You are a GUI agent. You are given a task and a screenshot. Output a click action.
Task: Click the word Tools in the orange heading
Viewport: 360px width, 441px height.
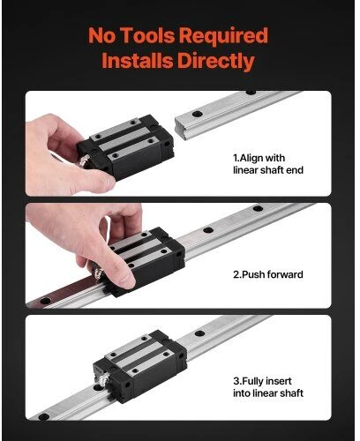coord(148,35)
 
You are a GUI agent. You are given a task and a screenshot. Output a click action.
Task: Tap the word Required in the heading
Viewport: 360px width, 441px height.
coord(223,36)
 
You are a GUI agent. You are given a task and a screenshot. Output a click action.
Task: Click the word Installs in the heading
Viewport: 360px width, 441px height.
coord(138,61)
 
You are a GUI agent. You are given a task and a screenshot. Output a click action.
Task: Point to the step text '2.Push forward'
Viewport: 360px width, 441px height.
coord(268,274)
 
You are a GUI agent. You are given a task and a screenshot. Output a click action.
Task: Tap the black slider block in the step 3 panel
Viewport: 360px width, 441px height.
coord(140,365)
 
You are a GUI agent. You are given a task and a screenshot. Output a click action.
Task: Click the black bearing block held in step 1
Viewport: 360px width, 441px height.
coord(126,146)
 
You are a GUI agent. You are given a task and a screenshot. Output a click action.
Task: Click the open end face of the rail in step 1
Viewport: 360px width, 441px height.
coord(183,129)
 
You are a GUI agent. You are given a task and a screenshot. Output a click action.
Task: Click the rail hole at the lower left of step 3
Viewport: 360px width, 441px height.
coord(44,416)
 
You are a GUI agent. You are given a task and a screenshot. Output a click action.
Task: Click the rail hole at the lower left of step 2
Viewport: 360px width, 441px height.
coord(45,301)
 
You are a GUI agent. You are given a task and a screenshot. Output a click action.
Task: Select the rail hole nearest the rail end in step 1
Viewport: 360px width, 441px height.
coord(198,114)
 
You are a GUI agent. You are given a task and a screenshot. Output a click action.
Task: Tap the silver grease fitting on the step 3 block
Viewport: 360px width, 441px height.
coord(100,377)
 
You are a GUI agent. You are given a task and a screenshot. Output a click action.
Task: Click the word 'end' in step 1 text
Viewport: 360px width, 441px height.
coord(295,170)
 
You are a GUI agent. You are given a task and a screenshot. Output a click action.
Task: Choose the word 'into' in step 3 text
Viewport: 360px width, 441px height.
coord(242,393)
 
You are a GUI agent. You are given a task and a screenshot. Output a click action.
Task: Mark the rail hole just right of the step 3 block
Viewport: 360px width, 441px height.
coord(199,333)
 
